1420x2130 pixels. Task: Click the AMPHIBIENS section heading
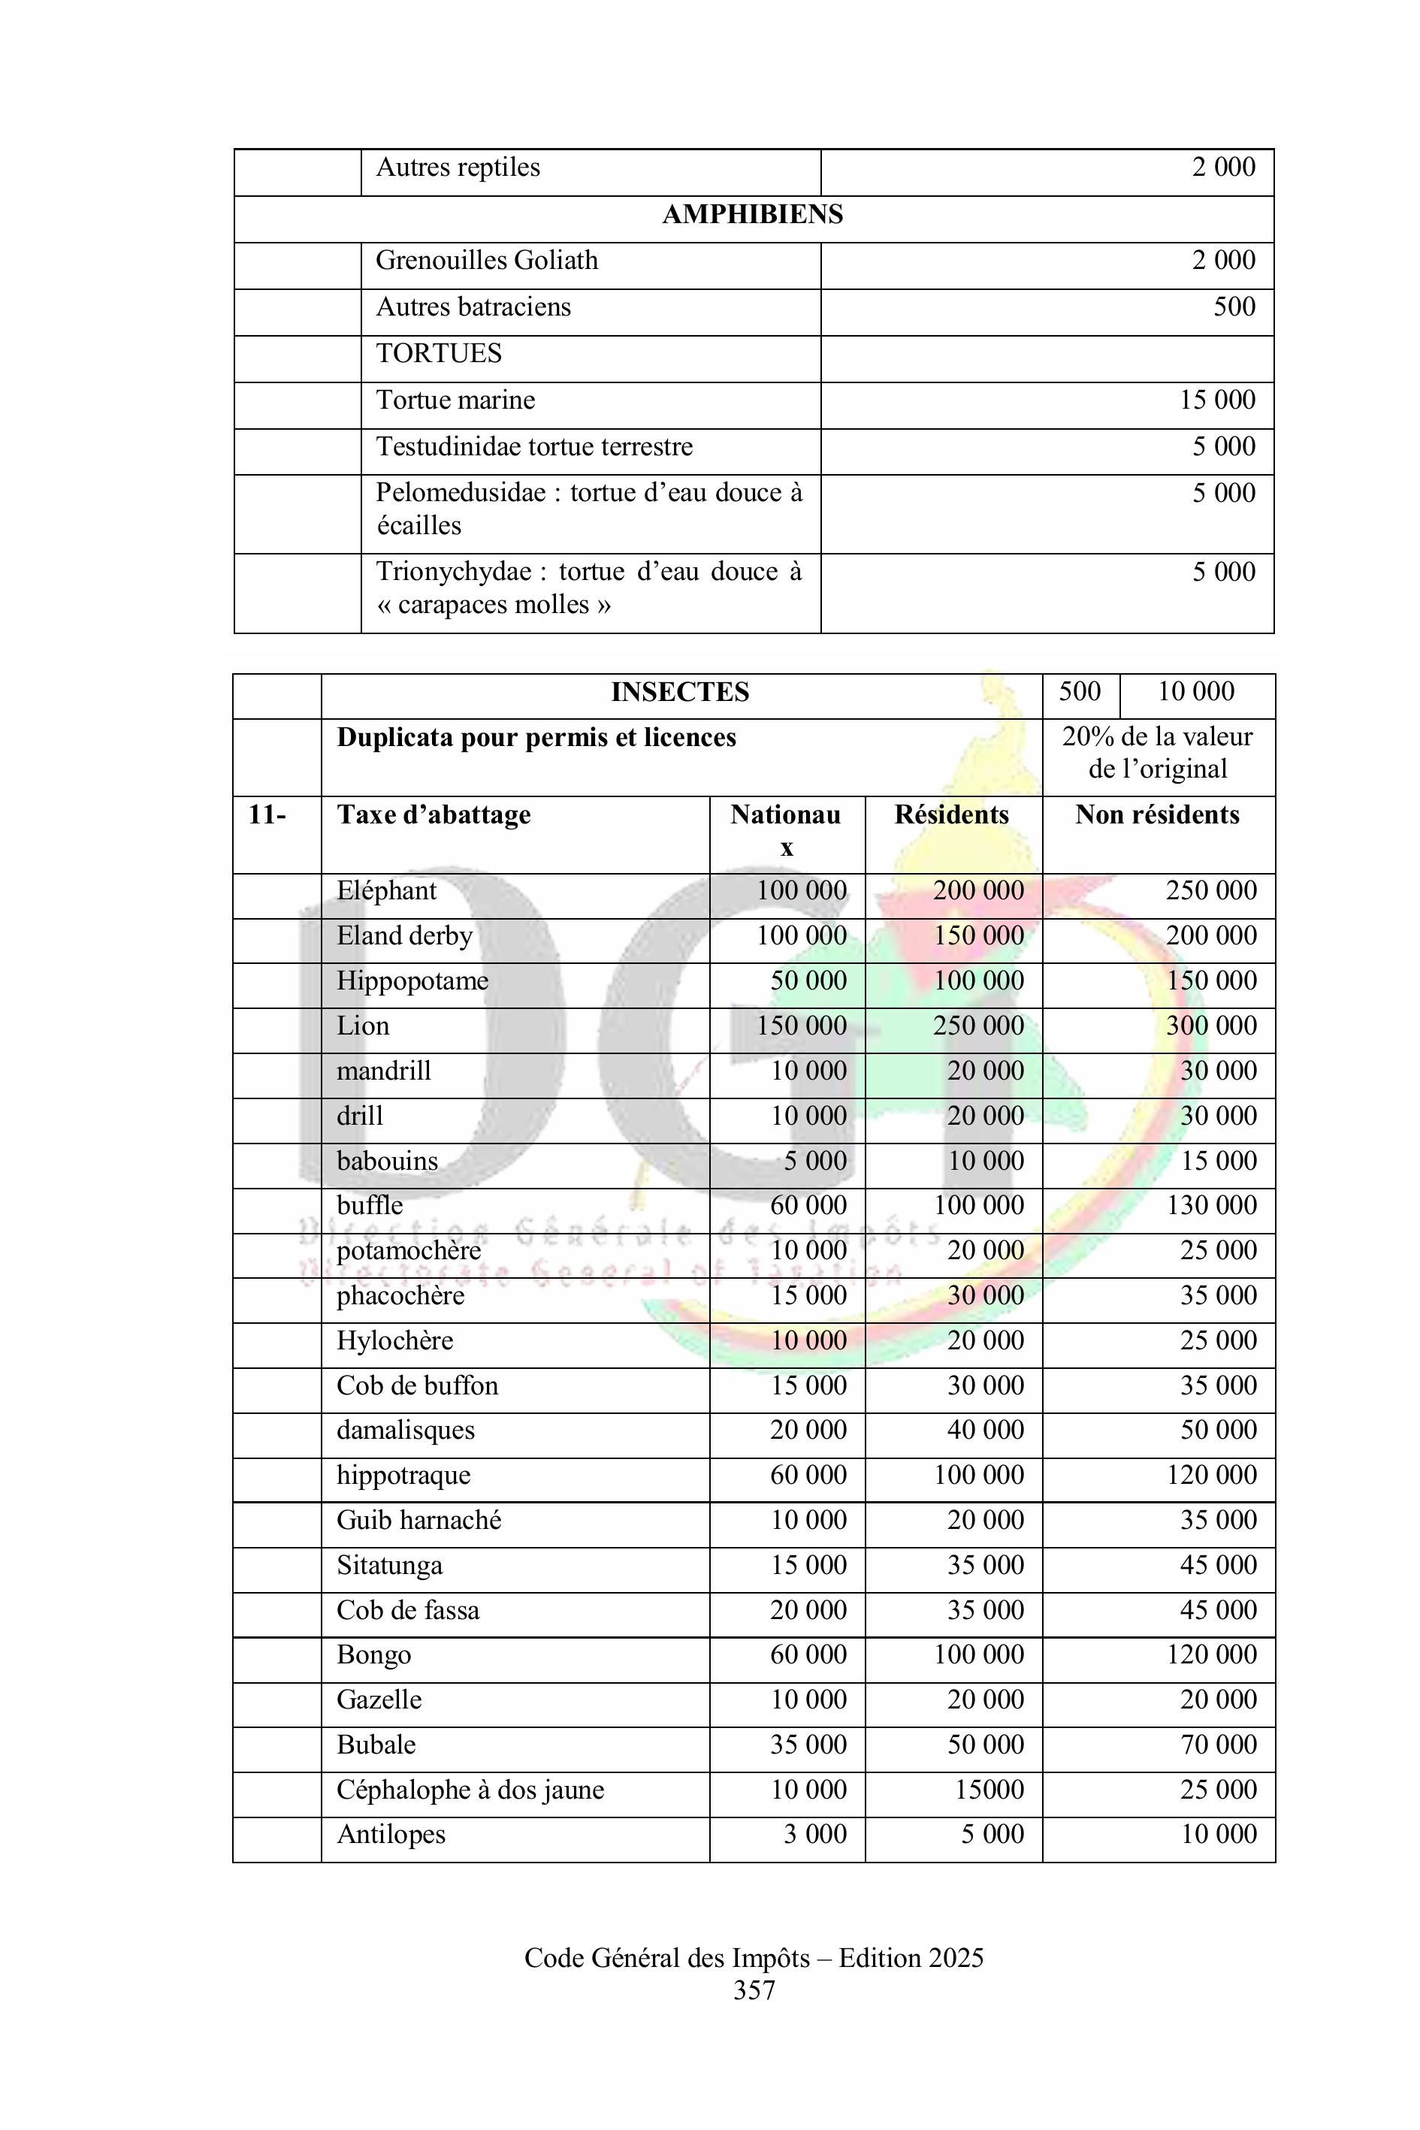pos(753,215)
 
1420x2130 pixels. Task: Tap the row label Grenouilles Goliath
pos(486,261)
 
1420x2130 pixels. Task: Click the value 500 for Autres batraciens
pos(1234,307)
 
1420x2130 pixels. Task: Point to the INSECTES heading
pos(680,692)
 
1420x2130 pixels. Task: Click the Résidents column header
pos(951,815)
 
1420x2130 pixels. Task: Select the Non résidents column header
pos(1156,815)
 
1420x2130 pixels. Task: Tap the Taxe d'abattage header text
pos(434,815)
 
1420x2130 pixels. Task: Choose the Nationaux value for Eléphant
pos(802,891)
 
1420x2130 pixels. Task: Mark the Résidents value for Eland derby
pos(978,936)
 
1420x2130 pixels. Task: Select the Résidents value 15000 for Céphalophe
pos(989,1790)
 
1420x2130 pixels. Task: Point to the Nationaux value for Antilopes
pos(814,1835)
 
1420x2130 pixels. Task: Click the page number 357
pos(754,1990)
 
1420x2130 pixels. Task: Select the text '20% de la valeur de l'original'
pos(1156,754)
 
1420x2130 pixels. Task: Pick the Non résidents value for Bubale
pos(1218,1745)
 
